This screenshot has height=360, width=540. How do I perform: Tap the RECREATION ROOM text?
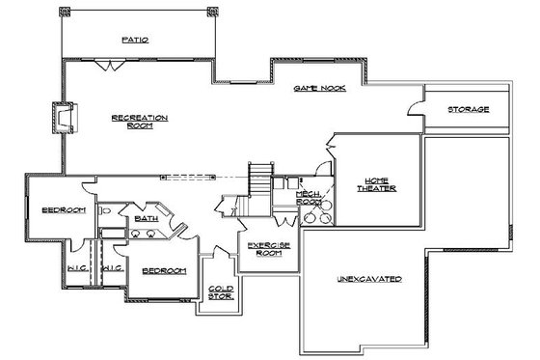click(x=140, y=121)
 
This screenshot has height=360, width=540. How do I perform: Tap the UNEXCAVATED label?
click(x=369, y=279)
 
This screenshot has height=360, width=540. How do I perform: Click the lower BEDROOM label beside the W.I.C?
click(x=163, y=271)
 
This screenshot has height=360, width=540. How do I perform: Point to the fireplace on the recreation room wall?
click(x=63, y=119)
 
